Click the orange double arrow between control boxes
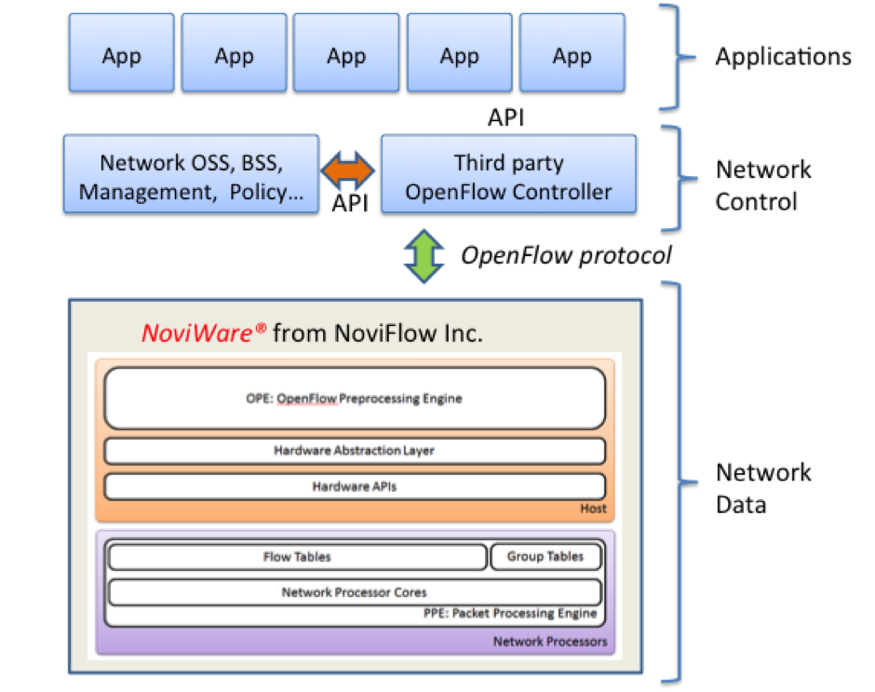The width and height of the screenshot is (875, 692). [x=348, y=171]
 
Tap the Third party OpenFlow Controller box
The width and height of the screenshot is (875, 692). [x=508, y=177]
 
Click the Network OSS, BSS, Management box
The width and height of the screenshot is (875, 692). [x=192, y=177]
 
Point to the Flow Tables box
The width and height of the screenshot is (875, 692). [x=297, y=557]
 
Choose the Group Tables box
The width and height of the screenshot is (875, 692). [x=545, y=557]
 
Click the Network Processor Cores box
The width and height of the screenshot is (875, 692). [x=355, y=591]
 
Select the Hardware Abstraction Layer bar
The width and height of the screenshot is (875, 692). [x=355, y=451]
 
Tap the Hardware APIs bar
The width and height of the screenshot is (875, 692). [x=355, y=486]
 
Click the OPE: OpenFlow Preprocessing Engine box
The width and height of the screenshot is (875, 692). [x=355, y=399]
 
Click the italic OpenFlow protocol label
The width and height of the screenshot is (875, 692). [x=566, y=255]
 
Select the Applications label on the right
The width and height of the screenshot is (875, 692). [x=782, y=57]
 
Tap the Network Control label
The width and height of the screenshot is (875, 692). [x=762, y=185]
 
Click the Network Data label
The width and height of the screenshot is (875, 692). [x=762, y=488]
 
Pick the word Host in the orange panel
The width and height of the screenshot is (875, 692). [x=593, y=509]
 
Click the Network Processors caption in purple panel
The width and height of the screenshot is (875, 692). [x=549, y=641]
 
